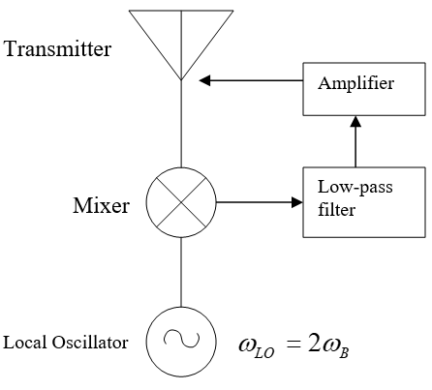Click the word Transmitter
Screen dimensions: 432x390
pos(57,49)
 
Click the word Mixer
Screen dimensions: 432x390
pos(101,205)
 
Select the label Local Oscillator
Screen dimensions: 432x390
pos(66,343)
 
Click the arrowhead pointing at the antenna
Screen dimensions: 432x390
pos(204,80)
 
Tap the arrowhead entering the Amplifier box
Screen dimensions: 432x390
pos(355,121)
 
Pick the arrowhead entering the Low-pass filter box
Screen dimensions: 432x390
pos(297,202)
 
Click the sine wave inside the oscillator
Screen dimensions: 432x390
pos(182,340)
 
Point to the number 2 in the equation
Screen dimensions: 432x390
pos(314,344)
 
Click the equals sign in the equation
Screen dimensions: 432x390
pos(293,345)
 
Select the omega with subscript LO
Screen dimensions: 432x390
pos(257,347)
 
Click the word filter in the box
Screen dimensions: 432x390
pos(336,209)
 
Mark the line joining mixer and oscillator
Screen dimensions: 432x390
pos(181,272)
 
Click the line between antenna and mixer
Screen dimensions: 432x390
pos(181,124)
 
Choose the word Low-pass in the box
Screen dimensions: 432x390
pos(355,188)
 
